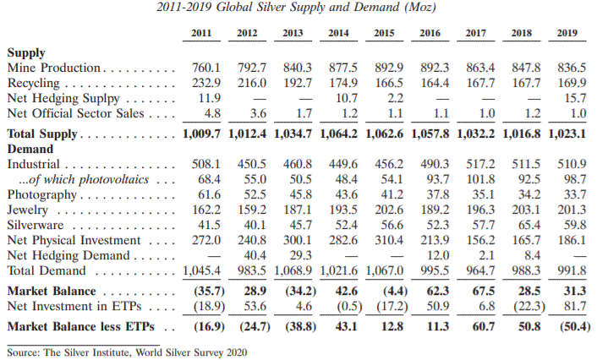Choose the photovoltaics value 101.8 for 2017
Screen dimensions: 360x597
(479, 178)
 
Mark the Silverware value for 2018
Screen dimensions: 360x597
(526, 224)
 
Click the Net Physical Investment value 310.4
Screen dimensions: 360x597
(387, 239)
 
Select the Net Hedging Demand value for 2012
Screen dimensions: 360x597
(249, 254)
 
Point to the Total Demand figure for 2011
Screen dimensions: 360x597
(203, 270)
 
